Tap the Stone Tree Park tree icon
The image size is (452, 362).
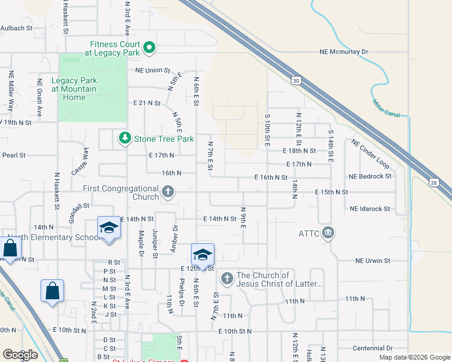point(124,139)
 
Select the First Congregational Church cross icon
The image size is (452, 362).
point(169,192)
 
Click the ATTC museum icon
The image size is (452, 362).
point(328,233)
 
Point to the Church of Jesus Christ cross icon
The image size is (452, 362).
point(227,278)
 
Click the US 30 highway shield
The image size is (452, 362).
point(295,80)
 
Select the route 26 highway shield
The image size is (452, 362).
point(433,182)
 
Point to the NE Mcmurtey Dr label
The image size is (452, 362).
point(344,52)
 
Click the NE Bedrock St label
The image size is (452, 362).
point(370,176)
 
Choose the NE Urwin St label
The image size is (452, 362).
point(373,261)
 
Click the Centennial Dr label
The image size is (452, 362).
point(372,348)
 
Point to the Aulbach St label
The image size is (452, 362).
point(16,28)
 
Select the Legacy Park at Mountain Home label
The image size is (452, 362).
point(74,89)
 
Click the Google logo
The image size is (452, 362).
point(20,355)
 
